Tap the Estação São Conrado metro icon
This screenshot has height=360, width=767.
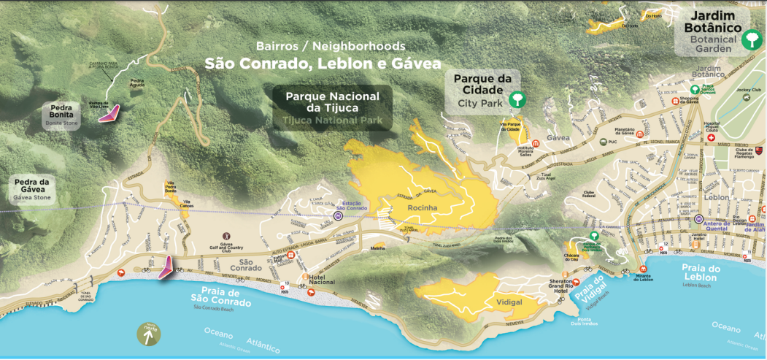[339, 216]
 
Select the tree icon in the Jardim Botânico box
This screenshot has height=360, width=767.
[749, 39]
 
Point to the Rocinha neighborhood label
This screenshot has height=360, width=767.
[423, 207]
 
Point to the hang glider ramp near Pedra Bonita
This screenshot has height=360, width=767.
[110, 112]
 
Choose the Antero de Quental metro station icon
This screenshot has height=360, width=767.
[698, 218]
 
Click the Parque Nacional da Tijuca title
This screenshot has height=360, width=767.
[332, 102]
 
